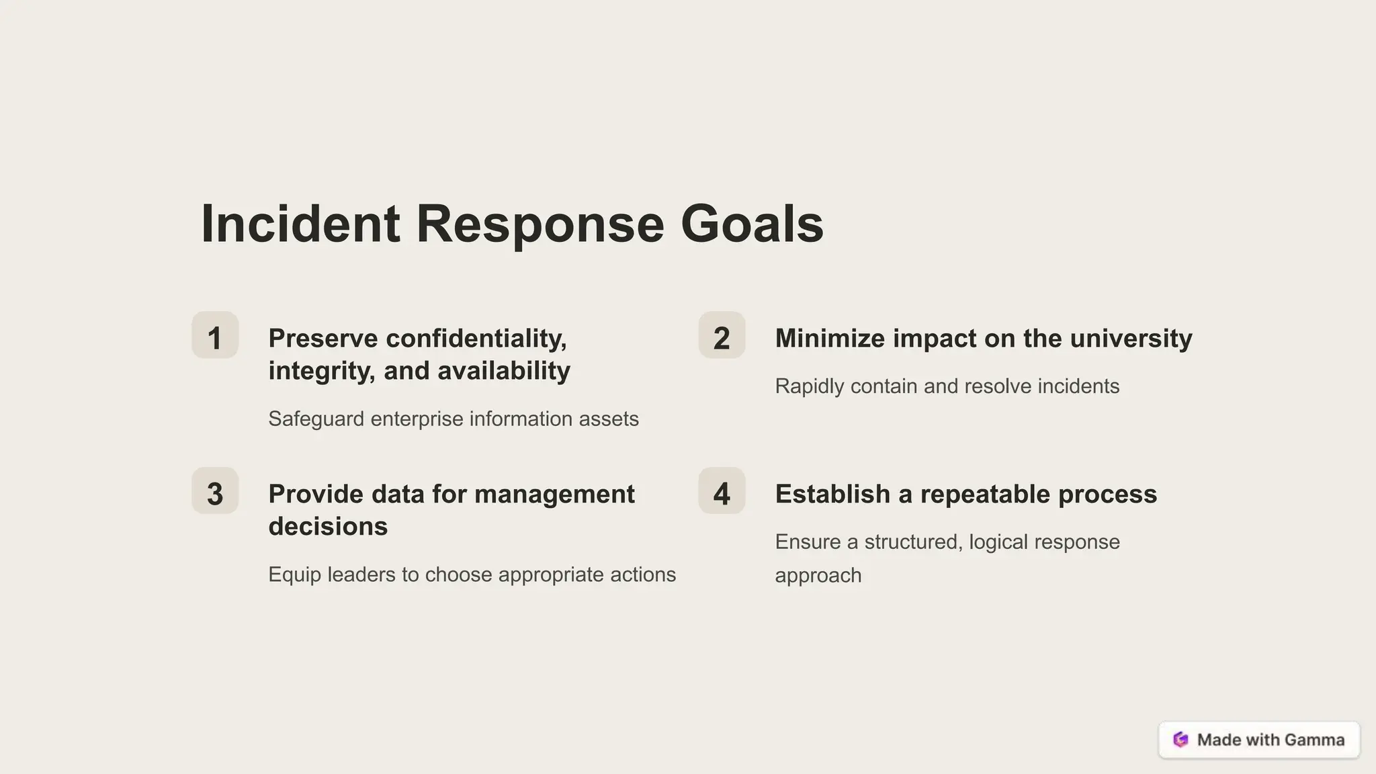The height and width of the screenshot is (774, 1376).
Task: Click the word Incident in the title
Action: (x=300, y=224)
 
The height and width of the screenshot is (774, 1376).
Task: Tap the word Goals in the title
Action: (x=752, y=224)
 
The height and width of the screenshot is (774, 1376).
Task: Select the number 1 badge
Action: (x=215, y=335)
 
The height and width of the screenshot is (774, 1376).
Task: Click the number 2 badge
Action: (x=722, y=335)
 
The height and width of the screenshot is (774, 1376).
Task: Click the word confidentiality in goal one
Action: (x=476, y=338)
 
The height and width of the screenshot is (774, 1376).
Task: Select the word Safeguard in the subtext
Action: (x=316, y=419)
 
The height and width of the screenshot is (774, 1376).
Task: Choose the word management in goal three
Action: (x=554, y=494)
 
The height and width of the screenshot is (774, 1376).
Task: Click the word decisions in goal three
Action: (x=328, y=526)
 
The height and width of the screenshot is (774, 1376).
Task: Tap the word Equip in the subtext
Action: (x=294, y=575)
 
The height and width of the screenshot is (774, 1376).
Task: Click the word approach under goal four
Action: (x=818, y=576)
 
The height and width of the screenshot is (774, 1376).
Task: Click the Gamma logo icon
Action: (x=1180, y=740)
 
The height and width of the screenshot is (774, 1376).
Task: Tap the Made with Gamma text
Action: (x=1271, y=740)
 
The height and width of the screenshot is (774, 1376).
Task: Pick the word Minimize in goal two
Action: (x=830, y=338)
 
